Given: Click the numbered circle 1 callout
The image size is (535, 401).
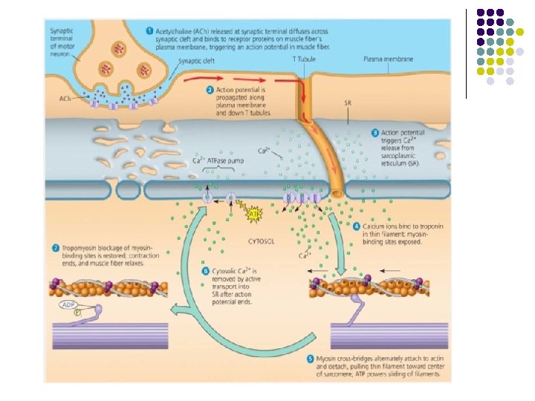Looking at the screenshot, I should (149, 31).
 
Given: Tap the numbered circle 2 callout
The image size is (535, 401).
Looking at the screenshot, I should (210, 89).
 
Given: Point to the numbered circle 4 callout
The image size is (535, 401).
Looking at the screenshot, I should (357, 226).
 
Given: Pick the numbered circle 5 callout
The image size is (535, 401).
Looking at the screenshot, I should (311, 359).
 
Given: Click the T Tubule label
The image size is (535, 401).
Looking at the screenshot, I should (302, 58).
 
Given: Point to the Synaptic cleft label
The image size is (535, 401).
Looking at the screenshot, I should (197, 61).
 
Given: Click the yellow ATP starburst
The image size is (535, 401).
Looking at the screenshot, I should (253, 215).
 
